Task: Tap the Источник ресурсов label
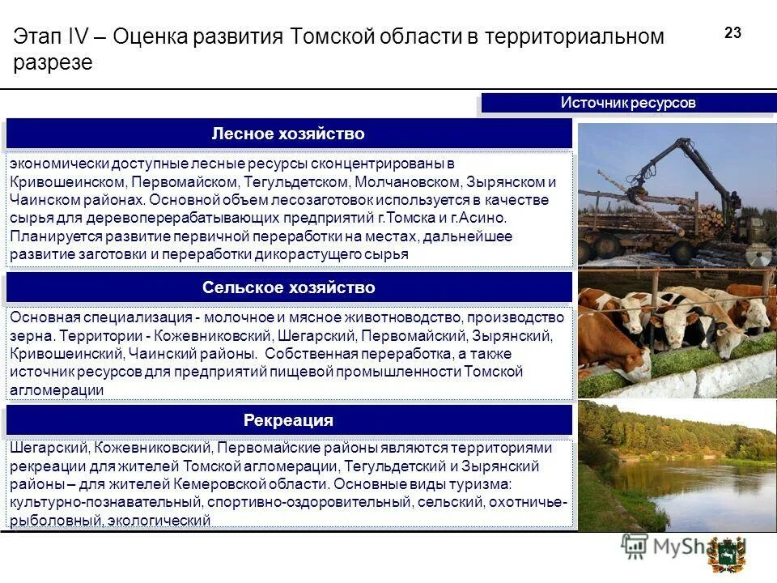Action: tap(628, 104)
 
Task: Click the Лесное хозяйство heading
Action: tap(288, 134)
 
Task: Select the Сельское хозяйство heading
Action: tap(288, 287)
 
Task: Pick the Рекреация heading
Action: tap(288, 420)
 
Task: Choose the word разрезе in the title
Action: tap(53, 63)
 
